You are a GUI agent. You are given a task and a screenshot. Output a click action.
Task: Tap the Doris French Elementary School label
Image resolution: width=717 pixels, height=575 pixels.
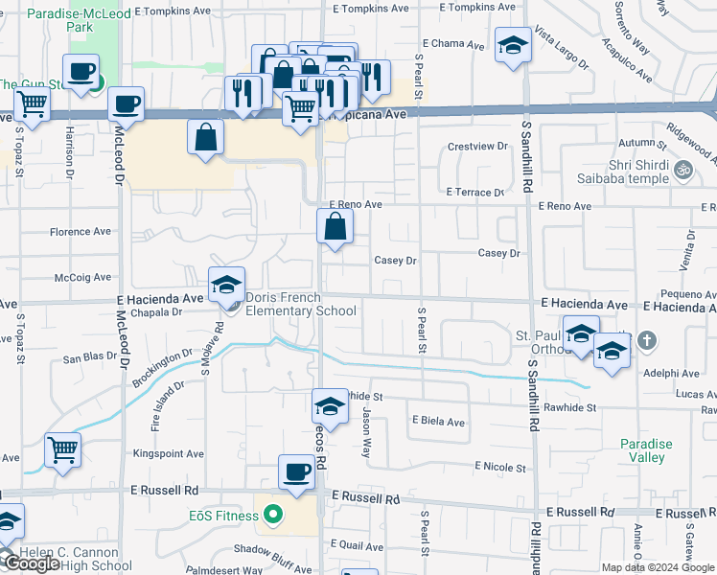pyautogui.click(x=301, y=304)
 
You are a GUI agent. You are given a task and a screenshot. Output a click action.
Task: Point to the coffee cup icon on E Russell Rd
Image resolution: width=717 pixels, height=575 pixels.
pyautogui.click(x=296, y=471)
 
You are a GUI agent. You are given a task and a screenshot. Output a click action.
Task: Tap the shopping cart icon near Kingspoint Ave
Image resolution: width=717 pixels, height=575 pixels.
pyautogui.click(x=62, y=449)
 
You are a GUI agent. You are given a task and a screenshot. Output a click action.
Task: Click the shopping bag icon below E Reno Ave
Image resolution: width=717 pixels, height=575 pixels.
pyautogui.click(x=335, y=226)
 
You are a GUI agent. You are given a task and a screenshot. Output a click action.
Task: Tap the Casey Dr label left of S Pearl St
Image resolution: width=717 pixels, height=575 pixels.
pyautogui.click(x=395, y=260)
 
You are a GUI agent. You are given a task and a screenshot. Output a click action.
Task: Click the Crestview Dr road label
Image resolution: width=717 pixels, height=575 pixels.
pyautogui.click(x=477, y=146)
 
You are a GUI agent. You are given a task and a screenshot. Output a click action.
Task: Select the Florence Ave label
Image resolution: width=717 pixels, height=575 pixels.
pyautogui.click(x=81, y=232)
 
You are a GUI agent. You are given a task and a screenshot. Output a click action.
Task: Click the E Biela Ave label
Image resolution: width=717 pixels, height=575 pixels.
pyautogui.click(x=438, y=422)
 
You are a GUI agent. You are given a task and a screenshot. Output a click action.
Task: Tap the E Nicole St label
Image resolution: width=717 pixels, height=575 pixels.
pyautogui.click(x=500, y=468)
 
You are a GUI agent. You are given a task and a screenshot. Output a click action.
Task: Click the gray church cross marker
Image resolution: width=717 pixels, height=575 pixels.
pyautogui.click(x=647, y=339)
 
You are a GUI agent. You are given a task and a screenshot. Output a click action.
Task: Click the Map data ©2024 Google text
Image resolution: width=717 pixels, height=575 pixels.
pyautogui.click(x=658, y=567)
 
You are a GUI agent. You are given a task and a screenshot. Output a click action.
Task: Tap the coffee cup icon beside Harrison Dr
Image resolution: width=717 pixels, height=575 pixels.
pyautogui.click(x=81, y=70)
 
